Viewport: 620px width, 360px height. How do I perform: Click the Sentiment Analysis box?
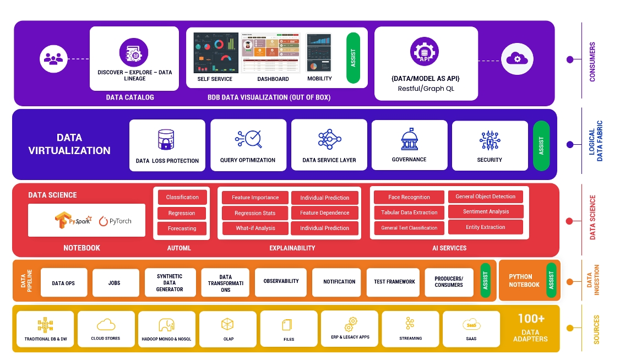click(x=486, y=211)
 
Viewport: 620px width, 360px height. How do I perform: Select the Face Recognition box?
click(x=409, y=197)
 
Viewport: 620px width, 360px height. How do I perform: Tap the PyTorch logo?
click(x=115, y=221)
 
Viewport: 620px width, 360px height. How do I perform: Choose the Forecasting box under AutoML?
click(x=182, y=228)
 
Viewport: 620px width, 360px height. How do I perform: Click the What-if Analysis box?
click(x=255, y=228)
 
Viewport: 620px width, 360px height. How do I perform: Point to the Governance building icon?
click(x=409, y=139)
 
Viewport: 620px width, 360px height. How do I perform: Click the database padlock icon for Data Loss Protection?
click(x=166, y=140)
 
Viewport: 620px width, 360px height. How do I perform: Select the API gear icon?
click(x=425, y=53)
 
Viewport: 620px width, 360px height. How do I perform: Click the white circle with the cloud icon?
click(x=516, y=59)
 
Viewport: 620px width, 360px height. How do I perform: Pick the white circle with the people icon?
click(x=54, y=59)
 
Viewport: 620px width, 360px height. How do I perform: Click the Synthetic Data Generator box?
click(x=170, y=283)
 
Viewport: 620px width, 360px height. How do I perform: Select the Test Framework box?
click(x=394, y=282)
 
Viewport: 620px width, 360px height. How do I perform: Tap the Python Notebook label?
click(x=524, y=281)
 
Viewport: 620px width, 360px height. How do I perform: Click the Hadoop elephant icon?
click(x=166, y=324)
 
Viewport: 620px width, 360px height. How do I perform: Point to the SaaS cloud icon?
click(x=471, y=325)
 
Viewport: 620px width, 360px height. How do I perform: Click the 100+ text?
click(x=531, y=319)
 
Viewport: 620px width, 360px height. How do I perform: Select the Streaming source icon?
click(x=410, y=323)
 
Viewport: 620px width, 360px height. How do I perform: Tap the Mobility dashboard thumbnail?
click(x=319, y=52)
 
